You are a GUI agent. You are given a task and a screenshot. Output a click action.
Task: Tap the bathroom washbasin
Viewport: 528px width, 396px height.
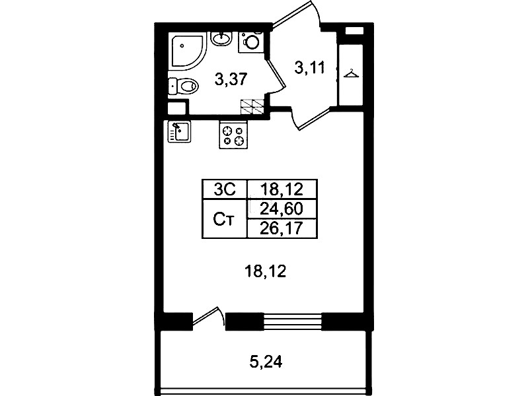pyautogui.click(x=221, y=39)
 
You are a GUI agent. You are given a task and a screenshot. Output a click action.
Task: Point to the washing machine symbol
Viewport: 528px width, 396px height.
pyautogui.click(x=250, y=42)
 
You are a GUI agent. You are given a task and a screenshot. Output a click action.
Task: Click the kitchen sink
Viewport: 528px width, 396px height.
pyautogui.click(x=179, y=131)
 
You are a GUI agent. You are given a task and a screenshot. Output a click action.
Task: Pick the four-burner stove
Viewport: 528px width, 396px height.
pyautogui.click(x=233, y=135)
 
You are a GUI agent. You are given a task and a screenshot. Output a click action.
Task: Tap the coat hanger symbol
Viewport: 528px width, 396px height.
pyautogui.click(x=351, y=74)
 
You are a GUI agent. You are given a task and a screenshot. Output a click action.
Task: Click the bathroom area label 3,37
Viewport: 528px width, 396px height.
pyautogui.click(x=231, y=80)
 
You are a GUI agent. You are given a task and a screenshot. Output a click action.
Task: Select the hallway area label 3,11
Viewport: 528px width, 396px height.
pyautogui.click(x=310, y=67)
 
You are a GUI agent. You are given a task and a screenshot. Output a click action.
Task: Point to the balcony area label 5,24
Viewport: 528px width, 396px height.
pyautogui.click(x=266, y=362)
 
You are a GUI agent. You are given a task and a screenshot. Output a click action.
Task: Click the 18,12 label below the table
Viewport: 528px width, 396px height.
pyautogui.click(x=266, y=271)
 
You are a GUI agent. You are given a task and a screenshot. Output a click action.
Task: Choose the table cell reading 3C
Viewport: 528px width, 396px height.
pyautogui.click(x=225, y=189)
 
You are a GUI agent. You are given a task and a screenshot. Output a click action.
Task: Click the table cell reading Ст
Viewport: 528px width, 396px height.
pyautogui.click(x=225, y=219)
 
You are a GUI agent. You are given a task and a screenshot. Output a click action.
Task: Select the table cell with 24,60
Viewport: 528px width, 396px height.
pyautogui.click(x=282, y=209)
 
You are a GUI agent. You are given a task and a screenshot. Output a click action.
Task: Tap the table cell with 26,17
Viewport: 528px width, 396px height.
pyautogui.click(x=282, y=229)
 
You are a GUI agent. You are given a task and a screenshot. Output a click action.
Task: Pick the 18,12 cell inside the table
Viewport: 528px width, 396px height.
pyautogui.click(x=282, y=189)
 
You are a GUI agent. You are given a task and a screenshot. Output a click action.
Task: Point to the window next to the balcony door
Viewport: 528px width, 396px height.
pyautogui.click(x=293, y=321)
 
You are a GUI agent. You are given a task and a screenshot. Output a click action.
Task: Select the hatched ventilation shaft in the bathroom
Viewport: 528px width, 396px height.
pyautogui.click(x=252, y=108)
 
